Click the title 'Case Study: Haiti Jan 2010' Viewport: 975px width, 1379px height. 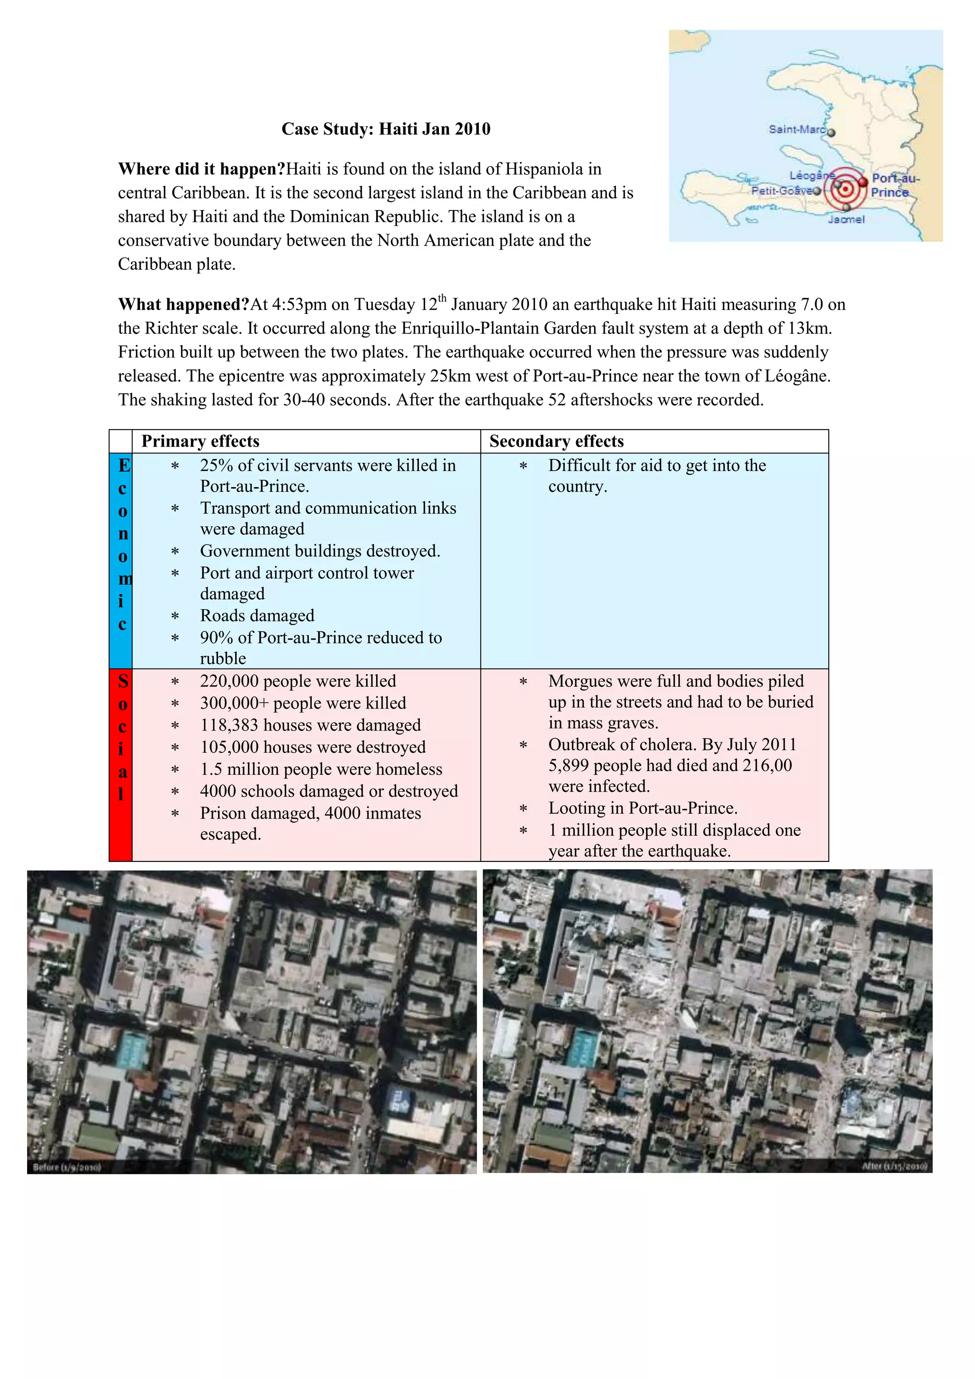pos(386,129)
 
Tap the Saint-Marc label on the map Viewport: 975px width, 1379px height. pos(796,129)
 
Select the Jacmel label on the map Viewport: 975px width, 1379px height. pos(846,220)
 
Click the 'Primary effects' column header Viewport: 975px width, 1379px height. pos(200,441)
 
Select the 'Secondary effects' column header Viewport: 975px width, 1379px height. pos(556,441)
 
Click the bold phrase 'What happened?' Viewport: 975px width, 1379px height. pos(183,304)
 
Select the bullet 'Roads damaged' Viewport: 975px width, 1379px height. pos(257,616)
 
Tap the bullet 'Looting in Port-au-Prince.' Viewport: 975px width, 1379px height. pos(642,809)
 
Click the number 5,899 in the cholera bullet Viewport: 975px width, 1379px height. pos(568,765)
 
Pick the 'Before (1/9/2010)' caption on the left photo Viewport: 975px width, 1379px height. pos(67,1167)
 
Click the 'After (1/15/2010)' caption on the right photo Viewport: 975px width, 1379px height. pos(894,1166)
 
